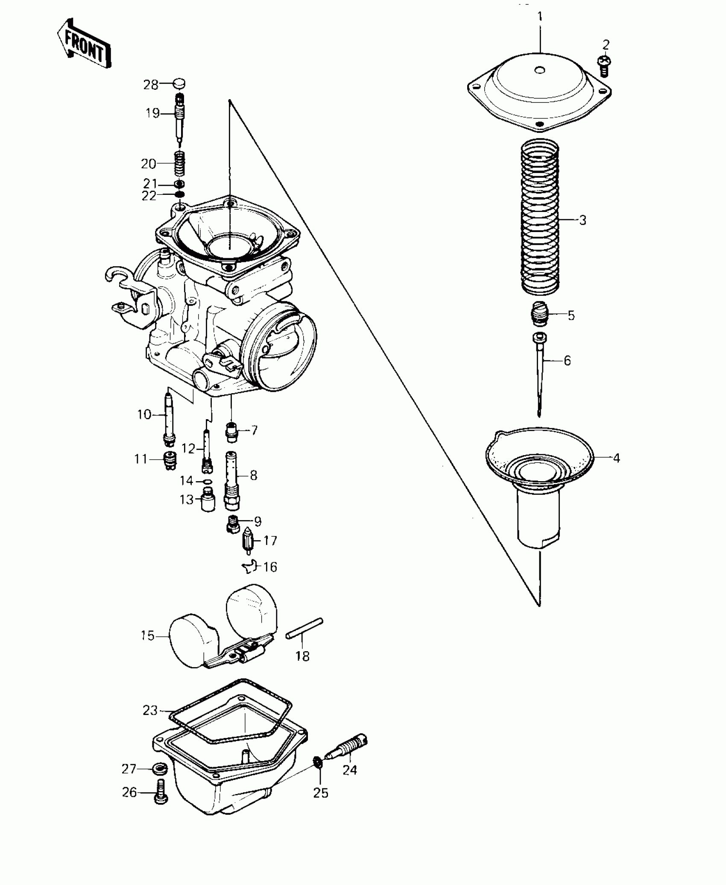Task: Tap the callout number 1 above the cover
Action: click(x=540, y=17)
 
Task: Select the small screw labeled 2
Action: click(x=604, y=65)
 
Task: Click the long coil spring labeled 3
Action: click(x=540, y=218)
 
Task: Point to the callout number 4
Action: click(x=616, y=458)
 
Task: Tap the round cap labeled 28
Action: click(x=179, y=83)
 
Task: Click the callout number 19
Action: click(x=152, y=113)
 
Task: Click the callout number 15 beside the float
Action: click(x=147, y=635)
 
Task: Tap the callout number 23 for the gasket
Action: click(x=150, y=710)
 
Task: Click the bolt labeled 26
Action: click(x=161, y=793)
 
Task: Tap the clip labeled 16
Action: click(x=251, y=567)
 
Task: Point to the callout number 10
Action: click(x=144, y=414)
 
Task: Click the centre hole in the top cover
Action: click(x=540, y=70)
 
